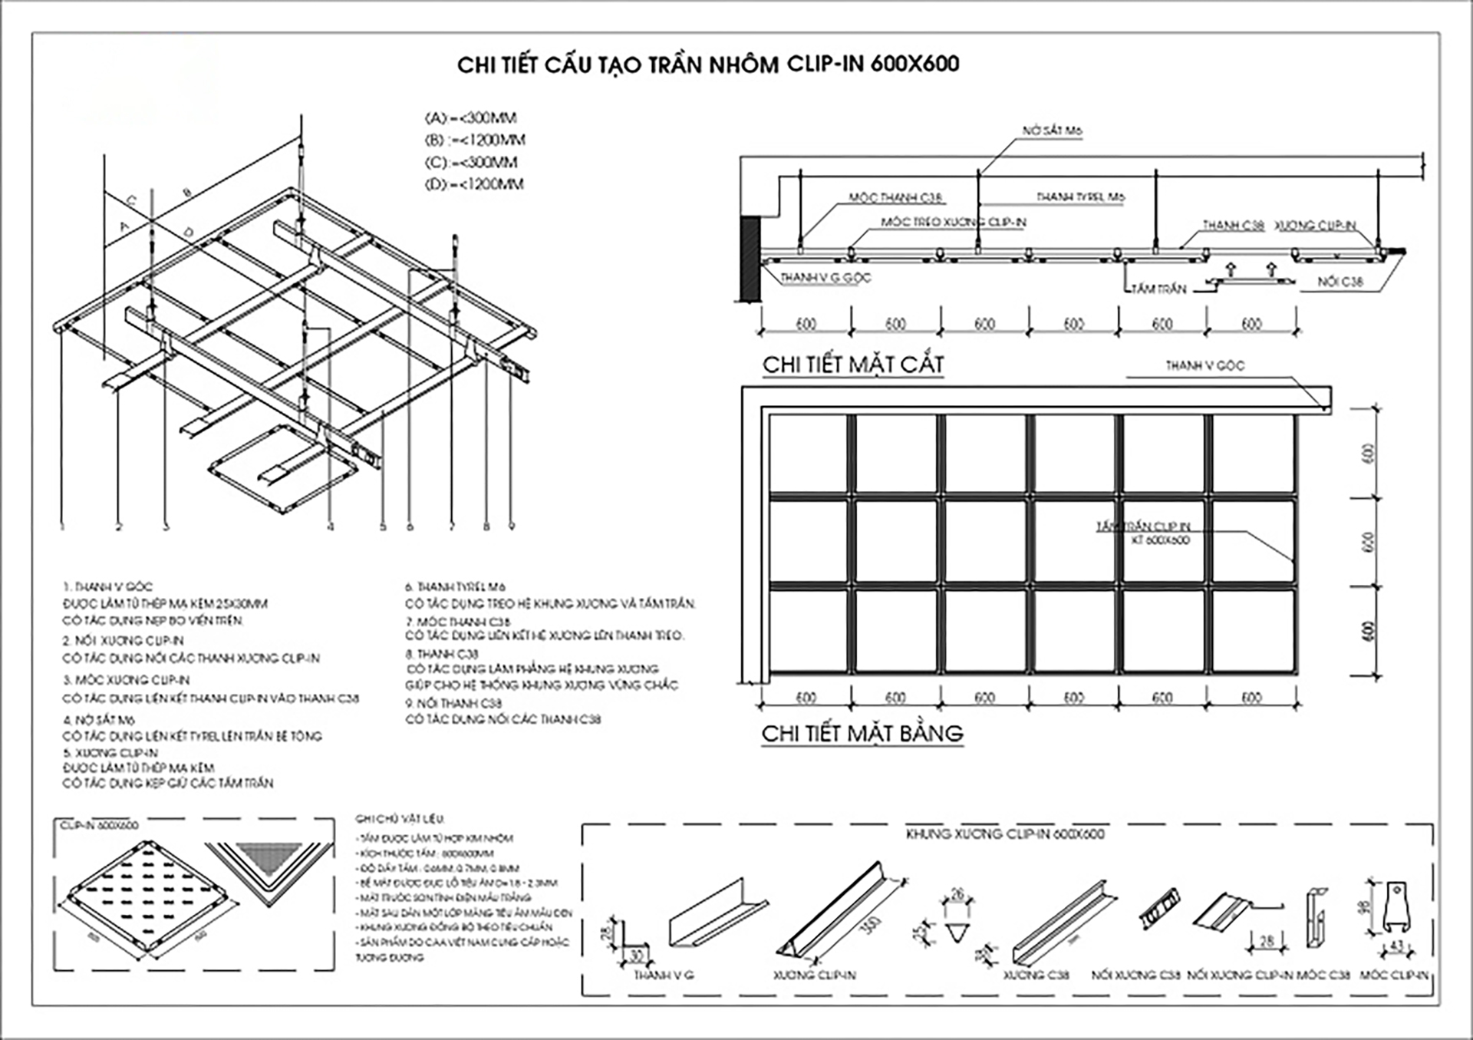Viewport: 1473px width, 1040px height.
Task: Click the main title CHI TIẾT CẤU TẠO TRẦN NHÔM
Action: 707,64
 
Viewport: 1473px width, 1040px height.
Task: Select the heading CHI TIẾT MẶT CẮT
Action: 852,365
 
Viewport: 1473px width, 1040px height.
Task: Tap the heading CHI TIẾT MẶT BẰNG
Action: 862,734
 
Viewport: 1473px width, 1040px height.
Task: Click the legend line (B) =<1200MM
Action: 475,140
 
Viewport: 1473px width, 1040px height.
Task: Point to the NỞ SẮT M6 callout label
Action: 1052,131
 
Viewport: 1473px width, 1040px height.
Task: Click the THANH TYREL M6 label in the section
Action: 1080,197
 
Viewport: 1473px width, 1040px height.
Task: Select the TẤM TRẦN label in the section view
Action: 1159,289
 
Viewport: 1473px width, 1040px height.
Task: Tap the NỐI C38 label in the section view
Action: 1340,282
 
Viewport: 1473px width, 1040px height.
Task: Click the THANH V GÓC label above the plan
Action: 1204,366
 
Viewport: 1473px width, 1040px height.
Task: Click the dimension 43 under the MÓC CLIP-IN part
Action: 1396,946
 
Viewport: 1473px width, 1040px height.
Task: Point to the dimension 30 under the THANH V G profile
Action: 636,956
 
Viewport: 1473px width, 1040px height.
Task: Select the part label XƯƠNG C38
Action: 1036,976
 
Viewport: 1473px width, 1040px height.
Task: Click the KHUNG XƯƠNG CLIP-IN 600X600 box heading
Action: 1005,834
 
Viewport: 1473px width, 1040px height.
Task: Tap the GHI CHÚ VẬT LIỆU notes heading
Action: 399,819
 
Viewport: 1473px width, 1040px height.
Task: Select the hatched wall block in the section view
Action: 749,258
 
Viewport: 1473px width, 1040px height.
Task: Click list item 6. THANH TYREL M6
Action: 455,586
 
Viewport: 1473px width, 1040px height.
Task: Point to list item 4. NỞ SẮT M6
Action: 99,720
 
